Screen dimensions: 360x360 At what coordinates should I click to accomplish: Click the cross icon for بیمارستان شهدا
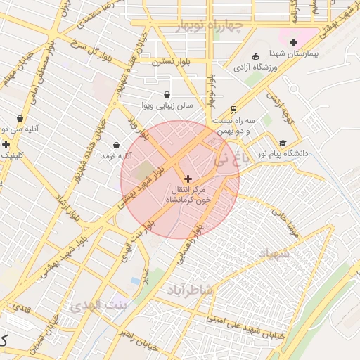[x=293, y=43]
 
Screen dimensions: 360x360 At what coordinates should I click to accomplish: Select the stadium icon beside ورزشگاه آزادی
[x=255, y=56]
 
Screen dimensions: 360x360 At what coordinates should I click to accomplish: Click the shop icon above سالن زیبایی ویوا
[x=167, y=95]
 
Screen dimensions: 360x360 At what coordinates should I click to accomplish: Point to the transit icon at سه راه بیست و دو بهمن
[x=232, y=110]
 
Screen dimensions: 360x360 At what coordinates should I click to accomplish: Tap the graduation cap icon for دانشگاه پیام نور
[x=283, y=142]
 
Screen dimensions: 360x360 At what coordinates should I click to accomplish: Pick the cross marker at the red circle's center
[x=187, y=179]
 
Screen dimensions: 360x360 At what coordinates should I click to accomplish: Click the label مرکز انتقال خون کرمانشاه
[x=188, y=195]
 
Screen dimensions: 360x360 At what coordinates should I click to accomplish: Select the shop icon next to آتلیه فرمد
[x=116, y=145]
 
